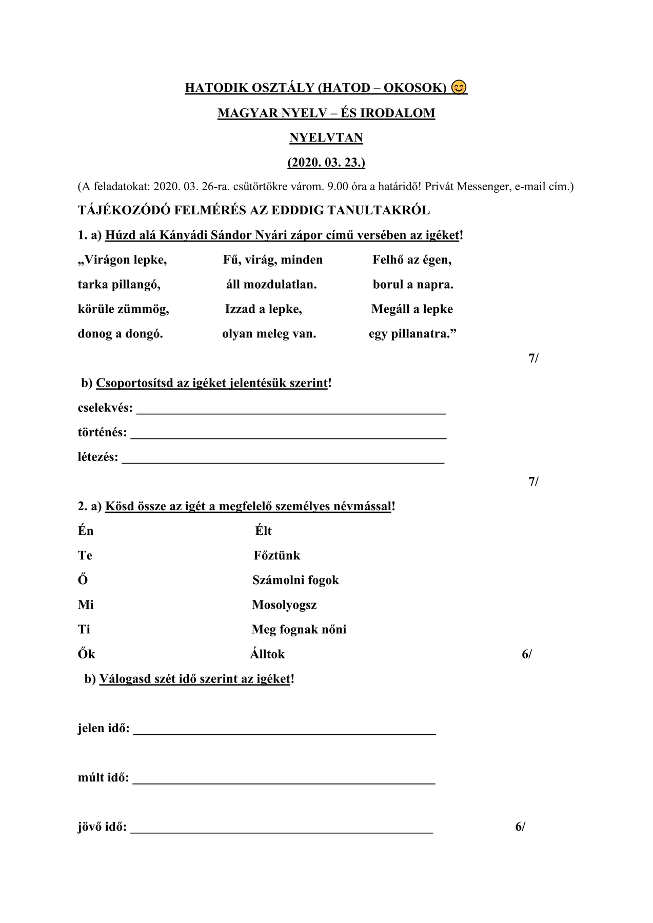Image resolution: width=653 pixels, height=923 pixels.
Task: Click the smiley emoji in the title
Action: coord(459,88)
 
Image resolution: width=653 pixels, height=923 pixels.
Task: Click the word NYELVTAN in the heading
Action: coord(326,138)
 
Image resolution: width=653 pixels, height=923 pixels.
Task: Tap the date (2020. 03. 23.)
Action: coord(326,163)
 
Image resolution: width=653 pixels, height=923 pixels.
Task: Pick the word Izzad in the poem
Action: coord(240,309)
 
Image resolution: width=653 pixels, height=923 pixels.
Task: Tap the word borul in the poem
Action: coord(388,285)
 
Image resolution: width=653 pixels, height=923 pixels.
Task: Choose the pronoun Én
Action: coord(86,531)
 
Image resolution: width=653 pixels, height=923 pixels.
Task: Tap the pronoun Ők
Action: coord(86,654)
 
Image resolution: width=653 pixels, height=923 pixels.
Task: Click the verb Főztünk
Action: coord(276,555)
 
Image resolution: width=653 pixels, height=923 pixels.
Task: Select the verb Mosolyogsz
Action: coord(284,605)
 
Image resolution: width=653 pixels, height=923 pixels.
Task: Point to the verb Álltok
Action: coord(267,654)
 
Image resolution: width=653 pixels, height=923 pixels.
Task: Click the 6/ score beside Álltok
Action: coord(527,654)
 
